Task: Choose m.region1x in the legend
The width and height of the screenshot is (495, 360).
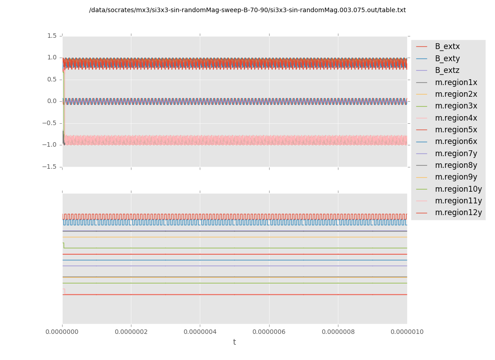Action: click(456, 82)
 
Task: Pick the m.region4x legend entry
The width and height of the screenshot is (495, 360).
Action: click(456, 118)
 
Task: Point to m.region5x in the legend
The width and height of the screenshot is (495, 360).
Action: click(456, 130)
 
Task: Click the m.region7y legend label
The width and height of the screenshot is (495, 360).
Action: click(456, 153)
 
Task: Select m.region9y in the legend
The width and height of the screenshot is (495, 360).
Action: click(456, 177)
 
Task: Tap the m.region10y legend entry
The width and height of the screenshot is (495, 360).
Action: click(458, 189)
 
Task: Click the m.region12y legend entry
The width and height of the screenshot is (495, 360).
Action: click(458, 212)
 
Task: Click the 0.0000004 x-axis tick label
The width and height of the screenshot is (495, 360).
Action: click(200, 332)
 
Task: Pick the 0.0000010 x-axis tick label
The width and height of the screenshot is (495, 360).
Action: click(407, 332)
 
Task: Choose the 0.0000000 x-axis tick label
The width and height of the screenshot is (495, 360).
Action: click(63, 332)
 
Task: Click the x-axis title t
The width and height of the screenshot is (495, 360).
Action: click(234, 342)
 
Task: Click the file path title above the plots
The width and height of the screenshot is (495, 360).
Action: click(247, 10)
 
